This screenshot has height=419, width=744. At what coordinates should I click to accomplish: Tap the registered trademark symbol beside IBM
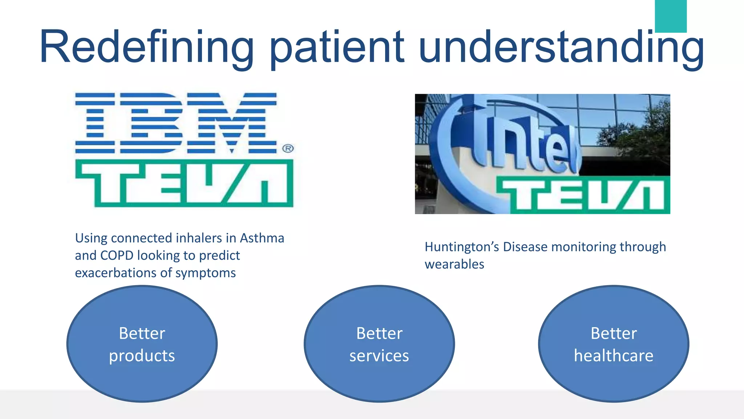click(288, 148)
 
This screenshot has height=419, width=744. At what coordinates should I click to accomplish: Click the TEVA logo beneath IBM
click(184, 183)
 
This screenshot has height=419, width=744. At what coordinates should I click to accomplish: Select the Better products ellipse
click(142, 344)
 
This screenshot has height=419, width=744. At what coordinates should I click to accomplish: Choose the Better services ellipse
click(379, 344)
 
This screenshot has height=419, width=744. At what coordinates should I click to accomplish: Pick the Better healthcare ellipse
click(614, 344)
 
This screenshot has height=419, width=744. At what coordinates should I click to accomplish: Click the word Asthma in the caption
click(262, 238)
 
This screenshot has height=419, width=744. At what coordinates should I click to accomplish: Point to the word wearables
click(454, 264)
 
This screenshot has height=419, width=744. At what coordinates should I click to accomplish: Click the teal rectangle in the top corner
click(671, 16)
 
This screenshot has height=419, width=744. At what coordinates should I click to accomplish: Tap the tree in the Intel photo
click(643, 135)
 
